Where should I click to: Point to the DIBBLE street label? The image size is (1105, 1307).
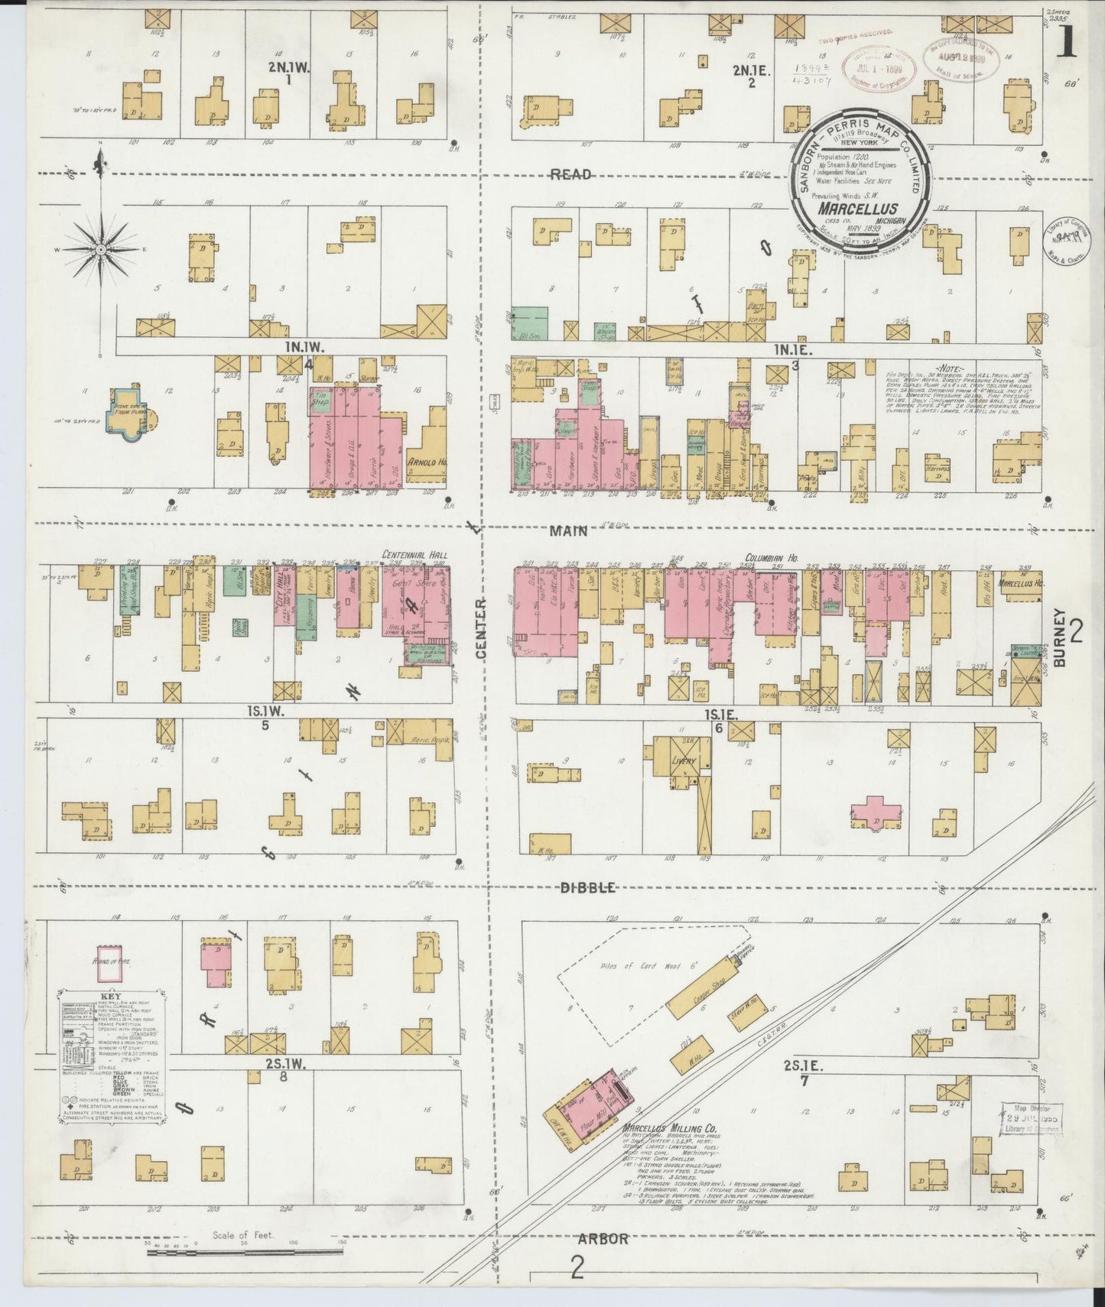pyautogui.click(x=588, y=887)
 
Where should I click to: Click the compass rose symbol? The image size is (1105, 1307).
pyautogui.click(x=100, y=250)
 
